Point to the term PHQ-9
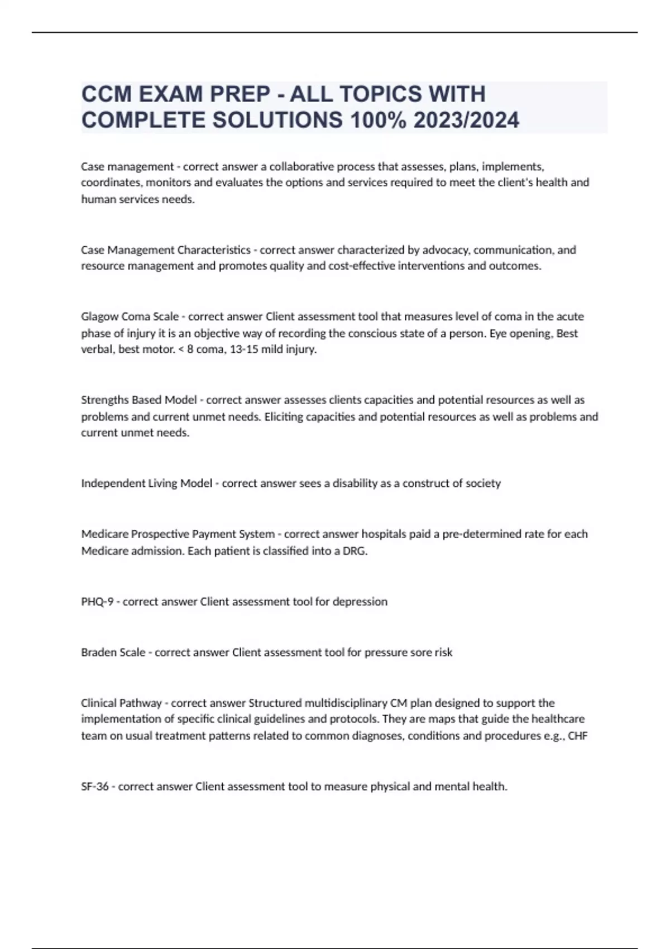(x=97, y=602)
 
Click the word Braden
(x=97, y=652)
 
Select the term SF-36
(x=94, y=787)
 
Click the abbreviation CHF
(x=577, y=736)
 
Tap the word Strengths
(x=104, y=400)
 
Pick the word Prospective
(x=161, y=534)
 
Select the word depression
(x=360, y=602)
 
